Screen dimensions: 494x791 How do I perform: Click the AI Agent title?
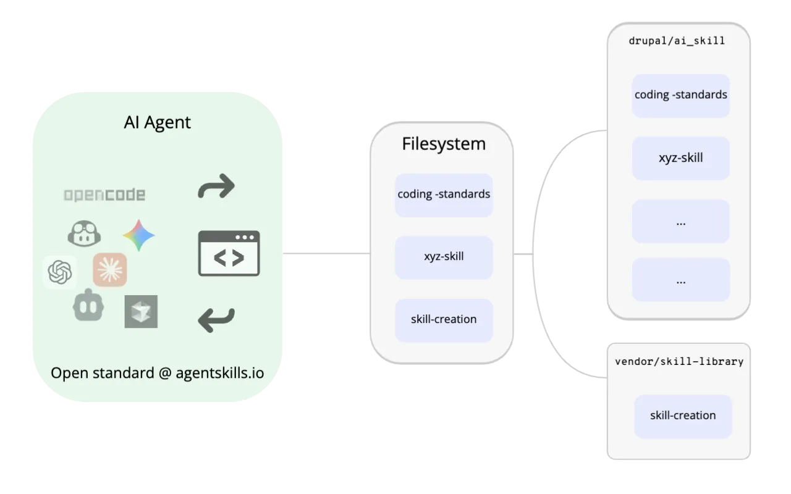pyautogui.click(x=157, y=122)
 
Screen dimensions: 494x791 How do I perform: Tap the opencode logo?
pyautogui.click(x=104, y=195)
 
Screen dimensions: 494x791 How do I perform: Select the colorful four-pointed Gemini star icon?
pyautogui.click(x=138, y=235)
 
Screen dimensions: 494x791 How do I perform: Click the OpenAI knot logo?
pyautogui.click(x=60, y=272)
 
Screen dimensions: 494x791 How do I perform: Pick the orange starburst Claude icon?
pyautogui.click(x=110, y=270)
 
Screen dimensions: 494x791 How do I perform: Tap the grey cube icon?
pyautogui.click(x=141, y=311)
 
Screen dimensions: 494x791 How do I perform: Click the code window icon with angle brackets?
pyautogui.click(x=229, y=253)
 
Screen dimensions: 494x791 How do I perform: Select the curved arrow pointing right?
pyautogui.click(x=216, y=186)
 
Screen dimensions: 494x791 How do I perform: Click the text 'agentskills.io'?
pyautogui.click(x=219, y=373)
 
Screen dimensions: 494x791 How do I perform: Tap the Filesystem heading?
pyautogui.click(x=444, y=144)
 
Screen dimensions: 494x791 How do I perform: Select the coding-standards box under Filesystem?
pyautogui.click(x=444, y=195)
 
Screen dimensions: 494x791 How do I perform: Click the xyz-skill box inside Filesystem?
pyautogui.click(x=444, y=256)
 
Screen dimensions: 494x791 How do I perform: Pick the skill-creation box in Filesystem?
pyautogui.click(x=444, y=320)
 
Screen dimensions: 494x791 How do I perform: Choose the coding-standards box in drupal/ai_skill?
pyautogui.click(x=680, y=96)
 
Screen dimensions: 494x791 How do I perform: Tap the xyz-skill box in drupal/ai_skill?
pyautogui.click(x=680, y=158)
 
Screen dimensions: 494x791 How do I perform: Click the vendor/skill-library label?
pyautogui.click(x=679, y=361)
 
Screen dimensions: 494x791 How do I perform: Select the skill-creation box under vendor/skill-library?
pyautogui.click(x=683, y=416)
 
